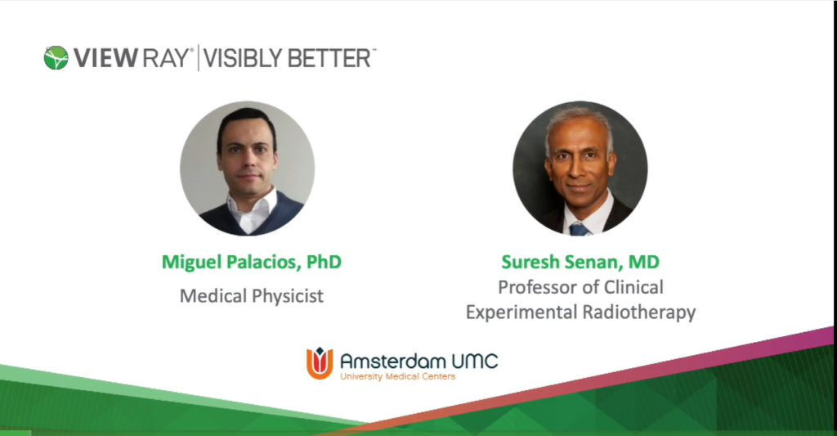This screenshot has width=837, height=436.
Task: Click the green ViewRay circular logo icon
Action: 56,57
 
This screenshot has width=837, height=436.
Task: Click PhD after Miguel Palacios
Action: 325,263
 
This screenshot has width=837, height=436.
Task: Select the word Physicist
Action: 286,296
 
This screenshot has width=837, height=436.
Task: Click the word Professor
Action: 536,288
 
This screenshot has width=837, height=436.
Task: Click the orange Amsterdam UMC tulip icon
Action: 320,362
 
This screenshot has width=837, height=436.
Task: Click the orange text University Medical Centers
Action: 397,376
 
